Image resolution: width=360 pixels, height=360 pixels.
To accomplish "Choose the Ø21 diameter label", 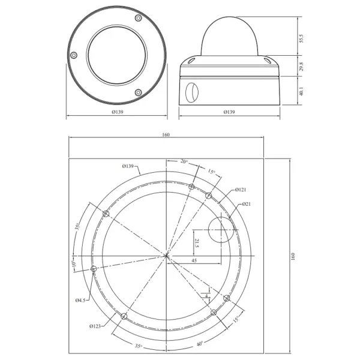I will pyautogui.click(x=247, y=205).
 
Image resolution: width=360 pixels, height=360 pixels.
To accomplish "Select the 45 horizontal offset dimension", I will pyautogui.click(x=194, y=261).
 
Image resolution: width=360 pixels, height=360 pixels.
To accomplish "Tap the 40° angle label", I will pyautogui.click(x=199, y=343).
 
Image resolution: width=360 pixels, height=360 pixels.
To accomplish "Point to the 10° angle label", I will pyautogui.click(x=74, y=263).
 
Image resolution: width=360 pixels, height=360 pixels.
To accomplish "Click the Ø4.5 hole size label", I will pyautogui.click(x=81, y=300).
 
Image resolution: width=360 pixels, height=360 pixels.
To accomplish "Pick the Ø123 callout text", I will pyautogui.click(x=95, y=326).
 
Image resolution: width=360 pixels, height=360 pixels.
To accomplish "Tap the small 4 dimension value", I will pyautogui.click(x=206, y=295).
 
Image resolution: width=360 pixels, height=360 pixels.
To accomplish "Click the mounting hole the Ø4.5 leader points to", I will pyautogui.click(x=93, y=269).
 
